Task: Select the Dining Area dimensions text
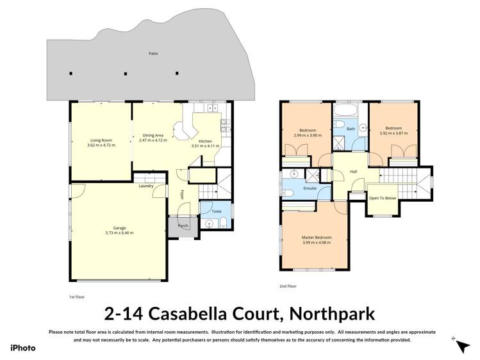[x=154, y=140]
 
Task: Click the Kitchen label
[x=205, y=141]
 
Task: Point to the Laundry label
[x=145, y=186]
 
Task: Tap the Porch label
[x=183, y=225]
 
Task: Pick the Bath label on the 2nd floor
[x=351, y=129]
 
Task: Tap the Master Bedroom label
[x=316, y=238]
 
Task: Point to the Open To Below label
[x=383, y=198]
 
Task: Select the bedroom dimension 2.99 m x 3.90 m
[x=308, y=135]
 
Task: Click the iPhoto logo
[x=22, y=348]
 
